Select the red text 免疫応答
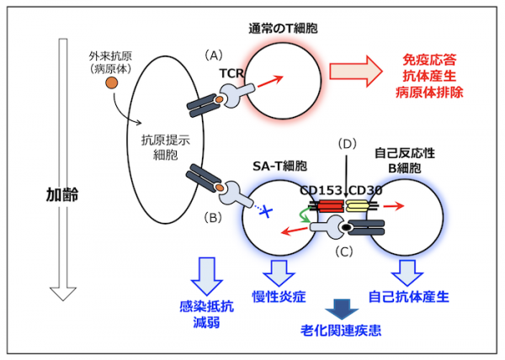(428, 62)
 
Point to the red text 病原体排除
(428, 93)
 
